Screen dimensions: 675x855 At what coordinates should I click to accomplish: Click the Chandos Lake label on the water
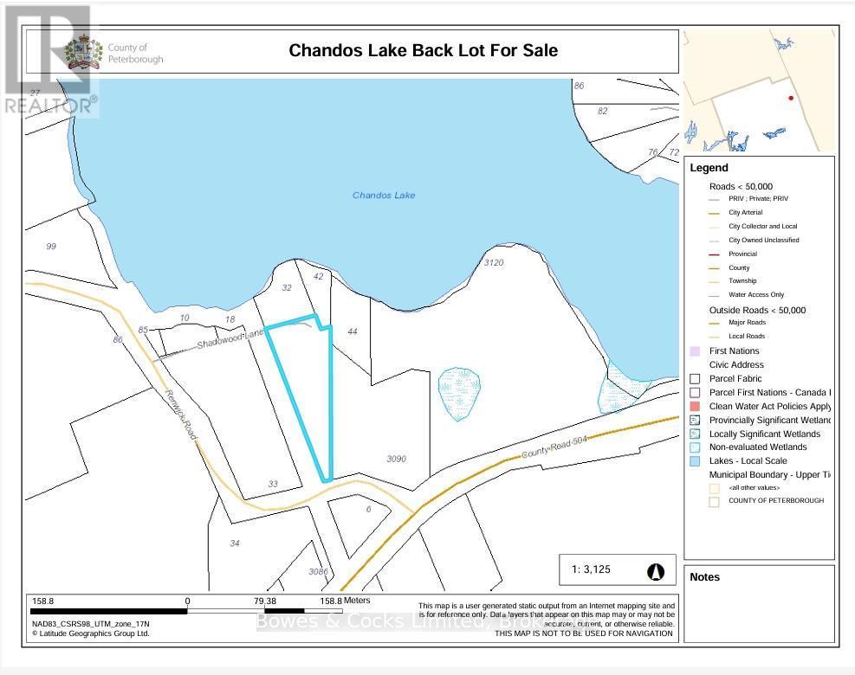point(384,196)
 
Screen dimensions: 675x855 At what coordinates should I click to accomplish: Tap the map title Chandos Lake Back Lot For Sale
point(423,50)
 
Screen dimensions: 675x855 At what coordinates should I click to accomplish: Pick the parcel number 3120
point(494,262)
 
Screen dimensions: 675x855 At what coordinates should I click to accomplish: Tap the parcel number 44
point(352,331)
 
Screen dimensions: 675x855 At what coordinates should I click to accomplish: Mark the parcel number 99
point(50,247)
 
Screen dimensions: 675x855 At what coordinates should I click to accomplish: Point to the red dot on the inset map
point(791,99)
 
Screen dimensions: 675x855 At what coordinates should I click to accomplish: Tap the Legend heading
point(709,168)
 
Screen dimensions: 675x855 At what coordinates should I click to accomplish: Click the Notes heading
point(704,577)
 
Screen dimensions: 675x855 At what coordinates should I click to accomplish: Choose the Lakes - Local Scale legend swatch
point(695,461)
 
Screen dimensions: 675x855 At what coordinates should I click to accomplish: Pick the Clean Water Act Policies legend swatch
point(695,407)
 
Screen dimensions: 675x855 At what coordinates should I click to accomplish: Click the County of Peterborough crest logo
point(84,53)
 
